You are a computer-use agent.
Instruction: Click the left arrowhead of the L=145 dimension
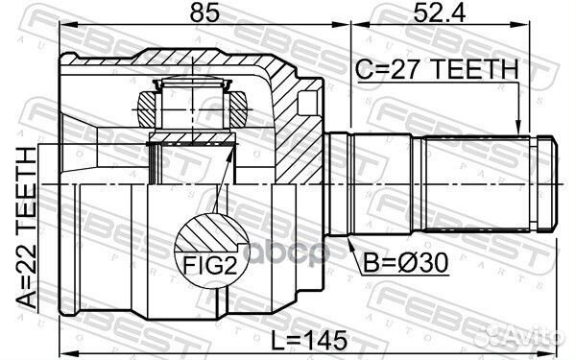pyautogui.click(x=67, y=346)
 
